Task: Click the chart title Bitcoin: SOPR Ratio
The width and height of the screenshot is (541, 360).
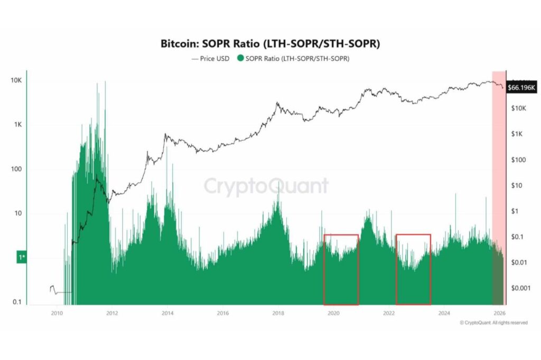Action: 270,44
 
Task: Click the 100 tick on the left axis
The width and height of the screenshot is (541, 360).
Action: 18,169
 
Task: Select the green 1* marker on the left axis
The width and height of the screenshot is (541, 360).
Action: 22,257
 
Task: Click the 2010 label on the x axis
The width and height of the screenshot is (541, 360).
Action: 57,313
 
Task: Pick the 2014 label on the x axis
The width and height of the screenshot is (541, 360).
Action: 167,313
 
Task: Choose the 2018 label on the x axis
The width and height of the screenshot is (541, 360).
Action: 278,313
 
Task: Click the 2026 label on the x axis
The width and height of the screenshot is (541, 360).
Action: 499,313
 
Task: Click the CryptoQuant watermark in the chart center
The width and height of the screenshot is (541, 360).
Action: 266,186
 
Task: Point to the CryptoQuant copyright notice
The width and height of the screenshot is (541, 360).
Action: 493,323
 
